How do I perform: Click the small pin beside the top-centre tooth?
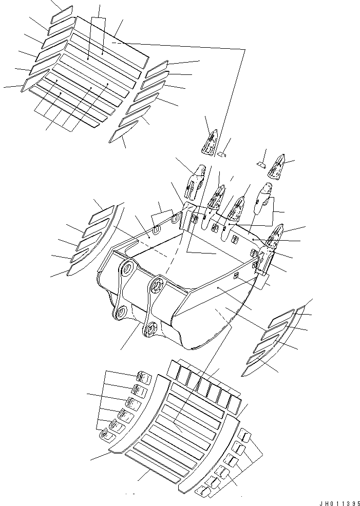click(221, 154)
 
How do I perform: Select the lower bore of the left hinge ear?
click(121, 312)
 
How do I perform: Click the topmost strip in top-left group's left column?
click(62, 14)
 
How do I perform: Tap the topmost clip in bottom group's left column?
click(144, 378)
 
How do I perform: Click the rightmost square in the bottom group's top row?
click(235, 405)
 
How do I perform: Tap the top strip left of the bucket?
click(101, 215)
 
